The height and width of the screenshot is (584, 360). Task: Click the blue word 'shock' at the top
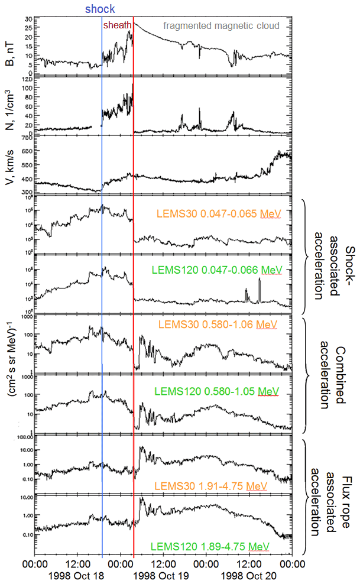click(x=100, y=9)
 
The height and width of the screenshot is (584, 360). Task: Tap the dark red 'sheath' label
click(x=117, y=25)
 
